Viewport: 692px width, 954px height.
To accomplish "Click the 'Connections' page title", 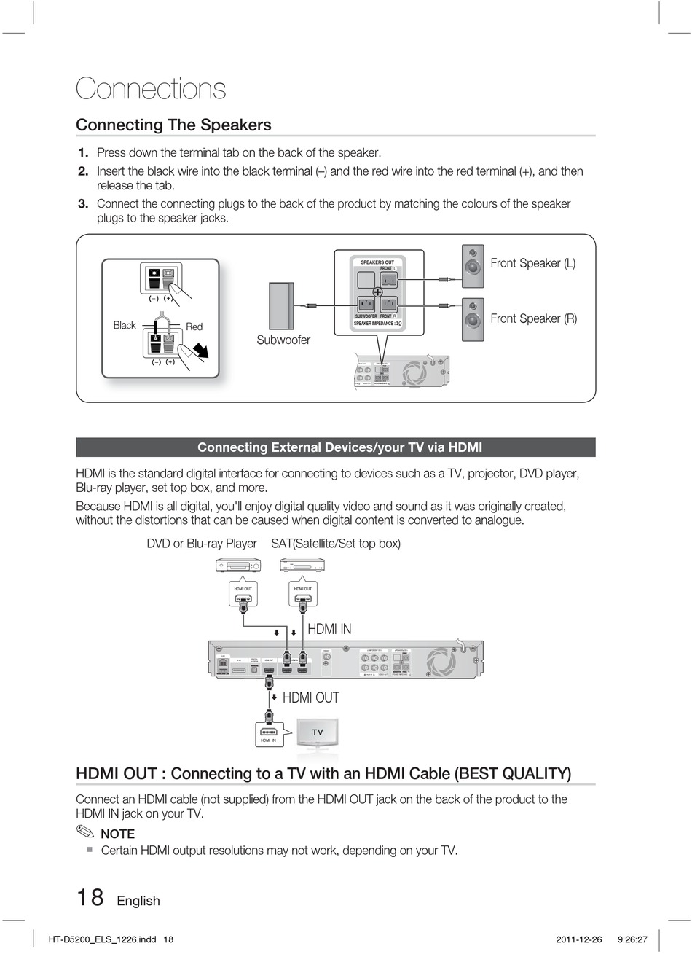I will point(151,89).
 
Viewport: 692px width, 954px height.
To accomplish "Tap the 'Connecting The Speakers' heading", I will point(173,125).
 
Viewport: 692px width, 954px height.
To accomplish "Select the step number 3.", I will point(83,204).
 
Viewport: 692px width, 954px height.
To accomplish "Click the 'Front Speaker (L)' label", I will point(532,263).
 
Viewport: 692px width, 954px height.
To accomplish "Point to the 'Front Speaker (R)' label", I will point(533,318).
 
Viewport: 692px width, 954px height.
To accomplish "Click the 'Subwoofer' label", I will point(283,340).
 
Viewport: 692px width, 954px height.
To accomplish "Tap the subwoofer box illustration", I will point(281,305).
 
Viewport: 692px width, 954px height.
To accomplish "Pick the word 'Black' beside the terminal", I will point(125,325).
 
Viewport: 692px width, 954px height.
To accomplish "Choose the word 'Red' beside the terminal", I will point(194,327).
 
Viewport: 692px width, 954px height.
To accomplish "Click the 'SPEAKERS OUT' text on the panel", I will point(377,262).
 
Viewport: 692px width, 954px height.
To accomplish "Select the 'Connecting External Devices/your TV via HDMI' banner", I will point(336,447).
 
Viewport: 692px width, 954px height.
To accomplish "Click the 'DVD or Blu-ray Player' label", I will point(202,544).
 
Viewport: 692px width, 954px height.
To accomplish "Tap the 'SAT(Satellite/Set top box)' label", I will point(336,544).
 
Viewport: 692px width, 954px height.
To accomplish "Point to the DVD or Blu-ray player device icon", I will point(238,566).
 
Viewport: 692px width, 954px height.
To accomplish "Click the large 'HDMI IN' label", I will point(329,629).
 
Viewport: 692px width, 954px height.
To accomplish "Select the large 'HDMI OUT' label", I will point(311,697).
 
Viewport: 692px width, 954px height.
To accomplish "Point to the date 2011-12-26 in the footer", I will point(579,939).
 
